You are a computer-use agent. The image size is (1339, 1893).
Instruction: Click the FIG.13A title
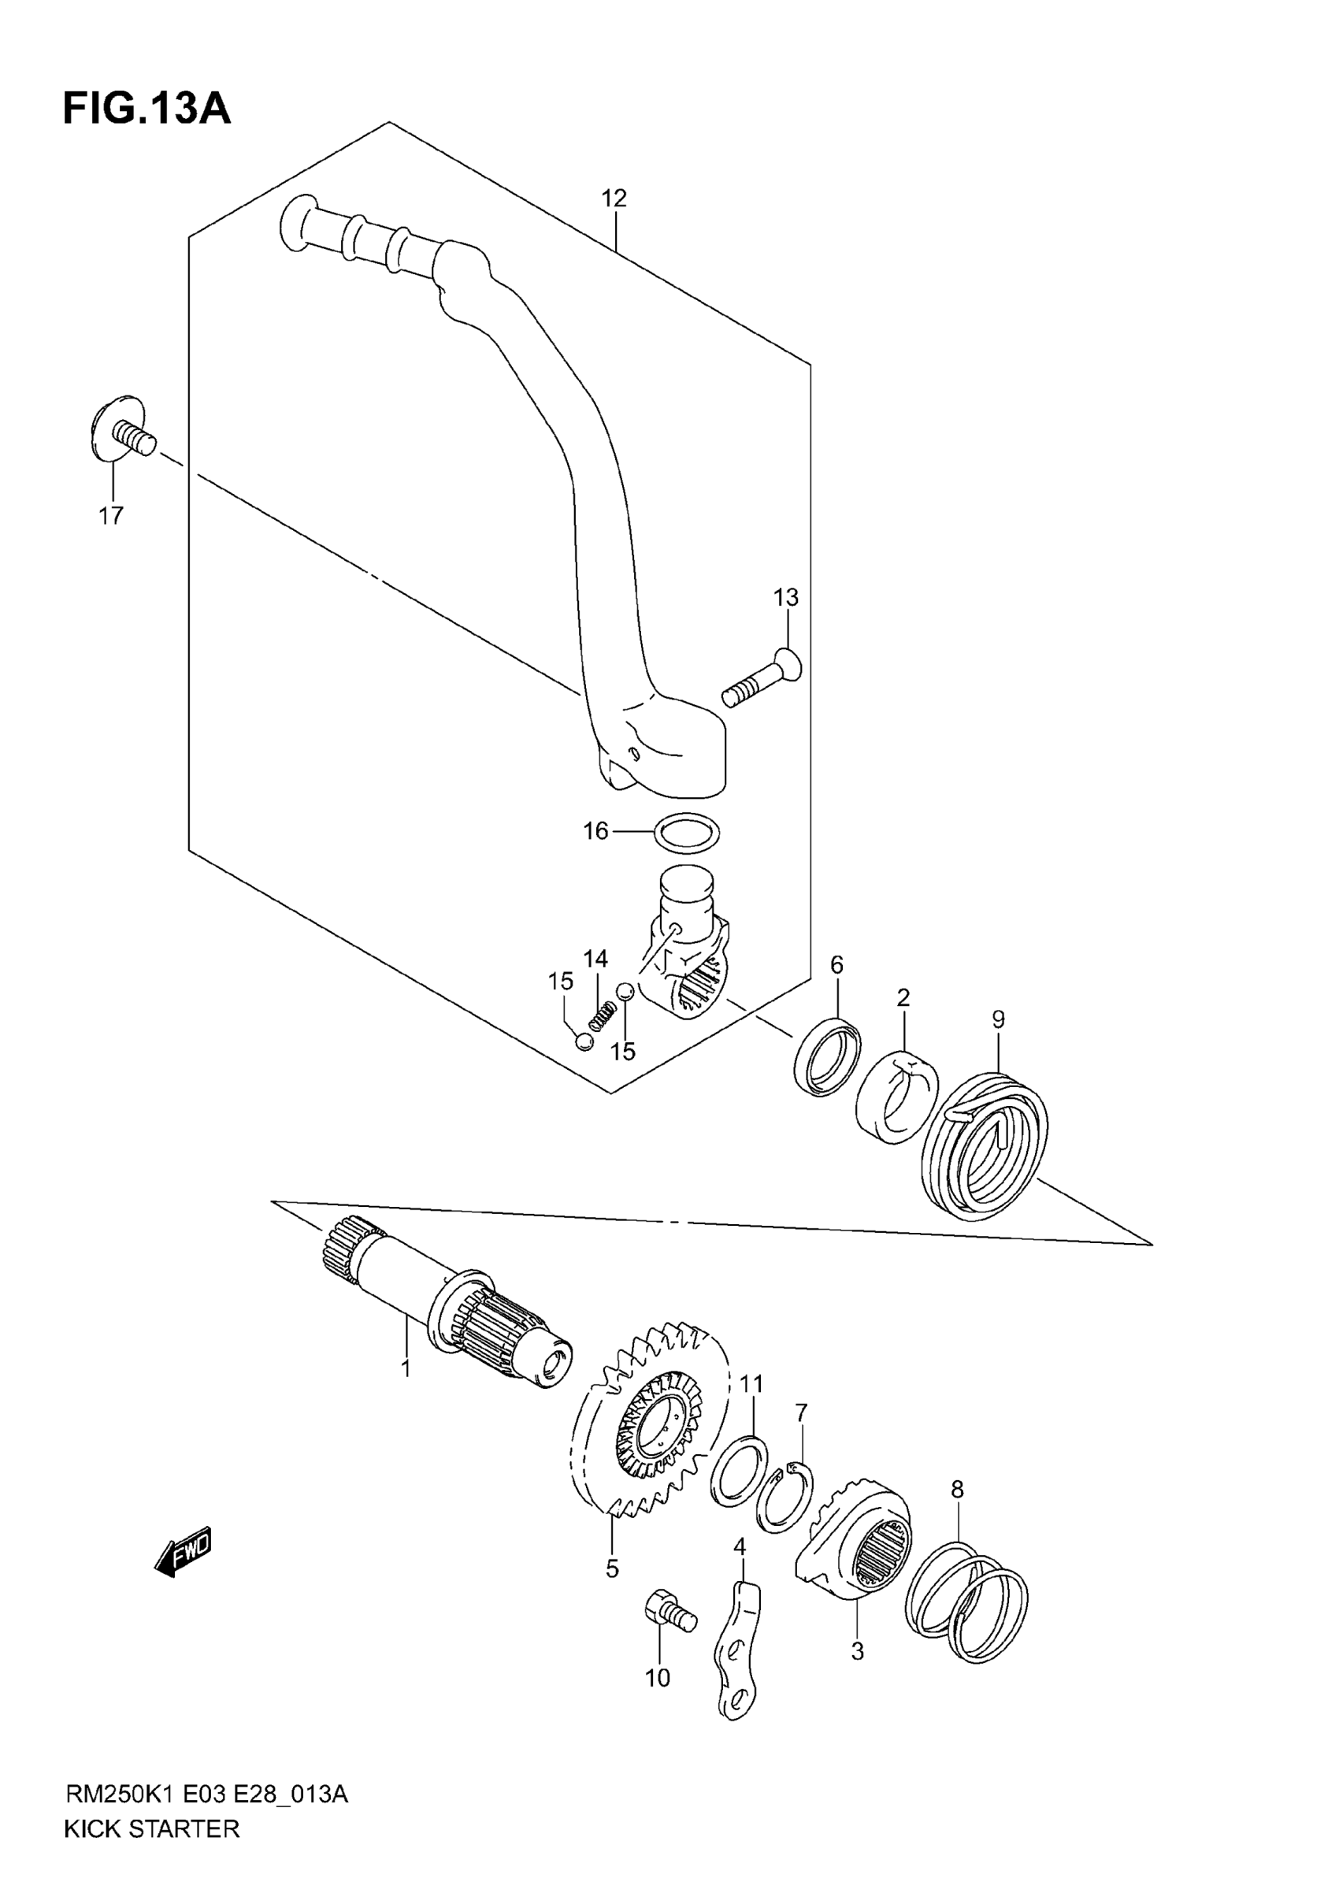coord(147,109)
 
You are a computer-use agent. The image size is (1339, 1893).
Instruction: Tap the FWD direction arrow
coord(184,1553)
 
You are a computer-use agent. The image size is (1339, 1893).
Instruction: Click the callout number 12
coord(614,198)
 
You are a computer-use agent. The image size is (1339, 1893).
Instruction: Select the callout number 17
coord(110,515)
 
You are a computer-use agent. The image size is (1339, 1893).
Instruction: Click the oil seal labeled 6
coord(827,1057)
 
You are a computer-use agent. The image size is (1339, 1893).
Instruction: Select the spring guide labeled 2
coord(897,1097)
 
